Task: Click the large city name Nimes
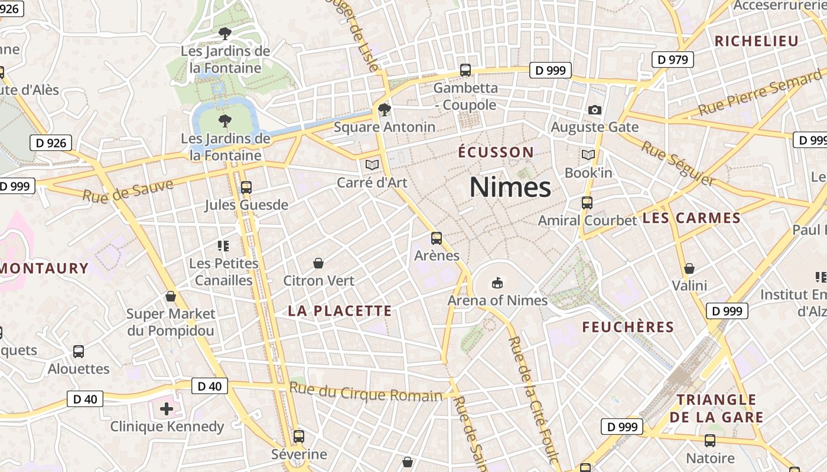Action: click(510, 188)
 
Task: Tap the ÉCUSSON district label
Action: click(496, 152)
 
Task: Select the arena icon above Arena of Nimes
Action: click(497, 283)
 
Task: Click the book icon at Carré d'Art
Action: click(372, 165)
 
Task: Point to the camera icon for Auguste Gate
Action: click(595, 110)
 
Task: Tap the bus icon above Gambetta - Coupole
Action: click(465, 70)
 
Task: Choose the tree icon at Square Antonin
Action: click(385, 109)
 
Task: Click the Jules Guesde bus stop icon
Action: click(246, 188)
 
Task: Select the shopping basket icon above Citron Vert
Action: click(318, 263)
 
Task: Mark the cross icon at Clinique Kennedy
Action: click(167, 408)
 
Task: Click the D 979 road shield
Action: click(673, 60)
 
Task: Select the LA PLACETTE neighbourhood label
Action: click(340, 311)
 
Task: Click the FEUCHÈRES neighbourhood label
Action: click(628, 327)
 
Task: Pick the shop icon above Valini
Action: click(689, 269)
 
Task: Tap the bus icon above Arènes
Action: click(437, 238)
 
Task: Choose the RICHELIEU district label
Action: click(756, 41)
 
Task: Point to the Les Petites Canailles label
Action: click(224, 271)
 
